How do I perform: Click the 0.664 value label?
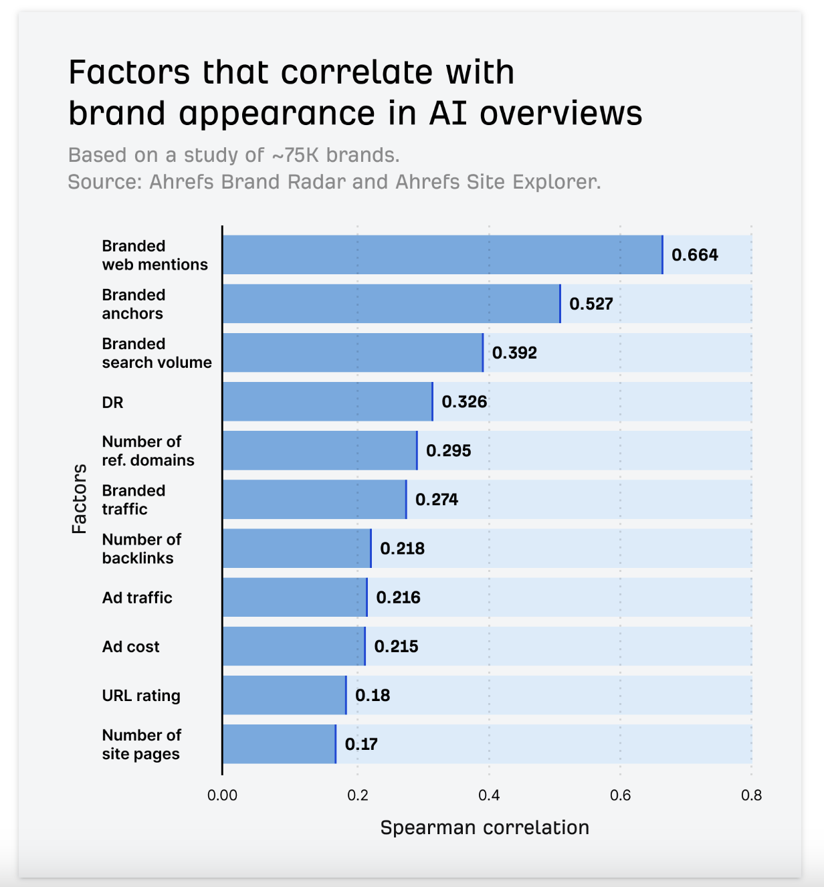(694, 255)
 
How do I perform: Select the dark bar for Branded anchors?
(391, 304)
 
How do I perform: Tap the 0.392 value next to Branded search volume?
(514, 353)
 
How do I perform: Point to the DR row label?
(112, 402)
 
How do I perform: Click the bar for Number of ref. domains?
(320, 450)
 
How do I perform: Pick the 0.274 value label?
(437, 500)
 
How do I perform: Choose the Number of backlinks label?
(141, 549)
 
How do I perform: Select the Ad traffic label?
(137, 597)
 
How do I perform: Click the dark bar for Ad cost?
(294, 646)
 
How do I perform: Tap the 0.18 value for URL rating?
(373, 695)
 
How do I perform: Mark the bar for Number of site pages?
(279, 744)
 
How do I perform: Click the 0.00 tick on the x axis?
(222, 795)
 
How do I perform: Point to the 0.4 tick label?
(489, 795)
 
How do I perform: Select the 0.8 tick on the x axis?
(752, 795)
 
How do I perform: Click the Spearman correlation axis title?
(484, 827)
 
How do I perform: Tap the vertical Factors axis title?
(79, 499)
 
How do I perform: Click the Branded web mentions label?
(154, 255)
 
